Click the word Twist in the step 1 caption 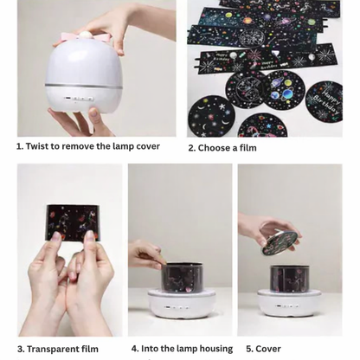click(40, 146)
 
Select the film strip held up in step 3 click(72, 222)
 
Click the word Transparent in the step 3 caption click(57, 349)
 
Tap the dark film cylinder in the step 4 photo click(181, 277)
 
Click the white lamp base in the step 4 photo click(181, 305)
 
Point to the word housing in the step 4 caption click(212, 349)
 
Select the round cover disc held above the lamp click(282, 236)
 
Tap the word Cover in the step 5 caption click(268, 349)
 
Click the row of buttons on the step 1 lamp click(83, 99)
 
